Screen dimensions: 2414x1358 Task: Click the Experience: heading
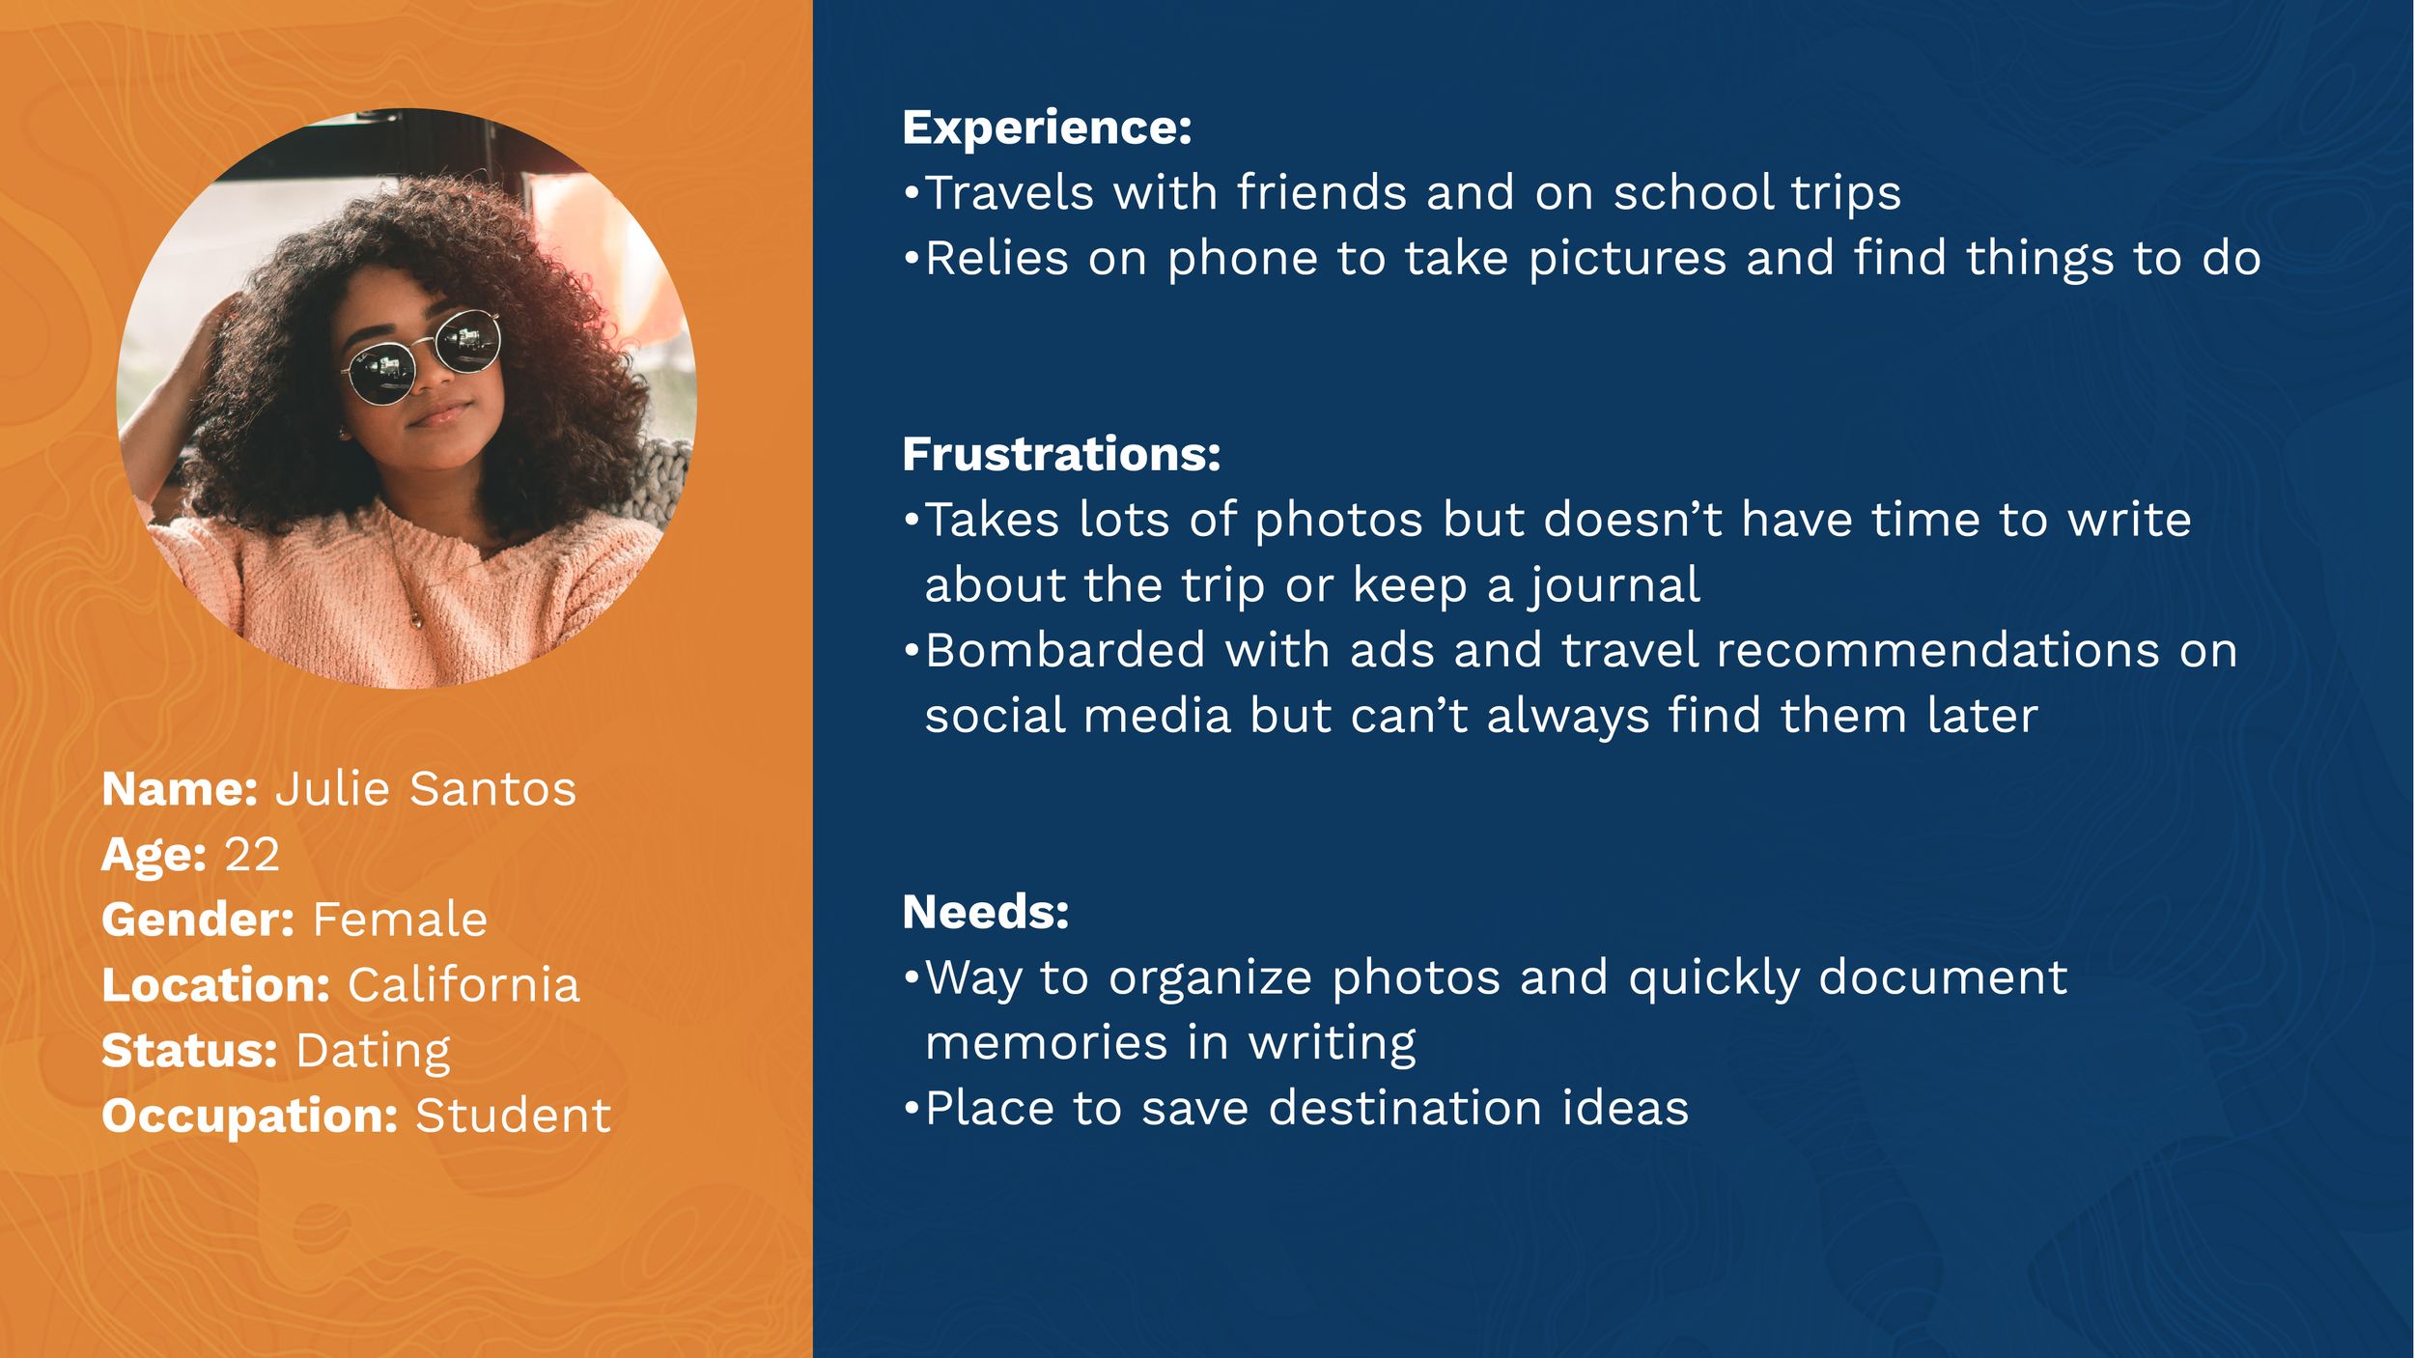pos(1047,128)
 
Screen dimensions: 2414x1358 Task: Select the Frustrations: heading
pos(1061,454)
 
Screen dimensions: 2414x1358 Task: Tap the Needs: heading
pos(986,912)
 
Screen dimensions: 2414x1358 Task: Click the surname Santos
pos(492,789)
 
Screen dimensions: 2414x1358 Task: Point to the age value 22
pos(252,855)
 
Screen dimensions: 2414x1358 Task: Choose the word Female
pos(400,919)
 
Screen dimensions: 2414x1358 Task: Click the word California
pos(463,985)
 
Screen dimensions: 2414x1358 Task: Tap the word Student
pos(513,1117)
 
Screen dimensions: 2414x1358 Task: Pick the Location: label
pos(216,985)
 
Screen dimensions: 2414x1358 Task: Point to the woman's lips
pos(439,413)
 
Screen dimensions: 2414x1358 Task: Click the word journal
pos(1614,586)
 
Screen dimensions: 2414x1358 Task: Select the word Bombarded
pos(1066,650)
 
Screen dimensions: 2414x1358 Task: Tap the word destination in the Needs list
pos(1405,1108)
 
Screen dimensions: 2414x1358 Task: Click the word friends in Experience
pos(1322,192)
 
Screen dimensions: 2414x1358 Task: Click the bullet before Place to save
pos(911,1109)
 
